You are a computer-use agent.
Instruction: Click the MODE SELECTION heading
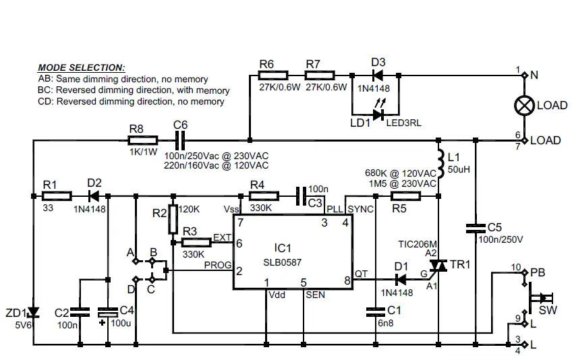coord(81,67)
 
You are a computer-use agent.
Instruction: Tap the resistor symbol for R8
coord(143,140)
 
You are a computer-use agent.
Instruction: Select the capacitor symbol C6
coord(180,140)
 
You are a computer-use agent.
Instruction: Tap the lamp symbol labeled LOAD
coord(524,106)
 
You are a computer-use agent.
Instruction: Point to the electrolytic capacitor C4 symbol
coord(107,312)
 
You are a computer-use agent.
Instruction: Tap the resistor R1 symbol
coord(57,196)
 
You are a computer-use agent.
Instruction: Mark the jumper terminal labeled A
coord(136,260)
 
